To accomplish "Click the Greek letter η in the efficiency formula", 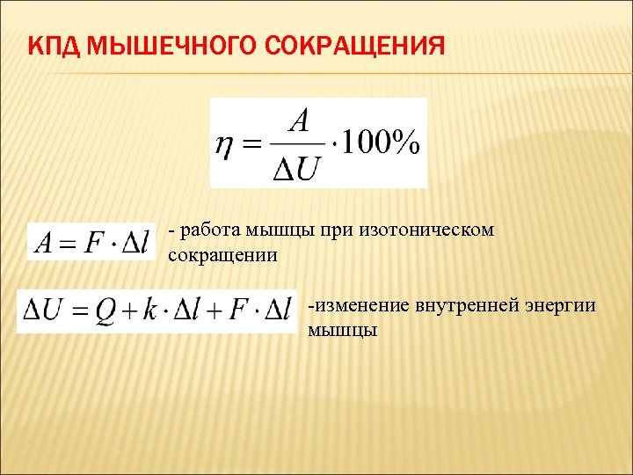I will pyautogui.click(x=226, y=144).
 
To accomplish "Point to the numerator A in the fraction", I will pyautogui.click(x=299, y=121).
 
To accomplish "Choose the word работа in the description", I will pyautogui.click(x=206, y=230).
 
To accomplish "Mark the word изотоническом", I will pyautogui.click(x=426, y=230).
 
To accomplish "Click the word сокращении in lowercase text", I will pyautogui.click(x=222, y=256).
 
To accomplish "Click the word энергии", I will pyautogui.click(x=560, y=305).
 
